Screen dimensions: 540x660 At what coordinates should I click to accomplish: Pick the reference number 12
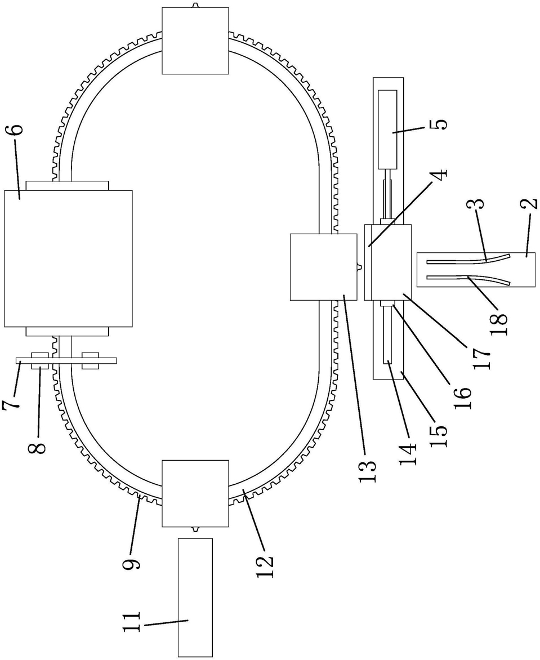[265, 567]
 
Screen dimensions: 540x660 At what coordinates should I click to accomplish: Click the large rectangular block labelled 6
[68, 258]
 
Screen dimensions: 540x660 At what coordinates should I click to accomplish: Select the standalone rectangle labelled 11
[195, 597]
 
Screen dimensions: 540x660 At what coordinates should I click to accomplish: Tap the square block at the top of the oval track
[196, 41]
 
